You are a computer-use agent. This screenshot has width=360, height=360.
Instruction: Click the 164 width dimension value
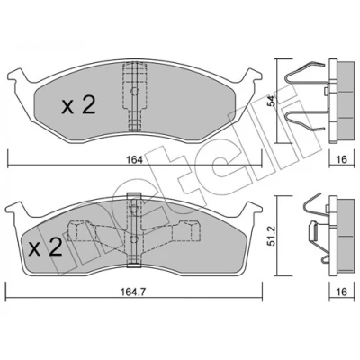coord(134,159)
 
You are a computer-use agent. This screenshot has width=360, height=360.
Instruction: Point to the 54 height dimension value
coord(271,101)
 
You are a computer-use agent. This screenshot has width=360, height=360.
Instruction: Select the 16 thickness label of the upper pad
coord(340,159)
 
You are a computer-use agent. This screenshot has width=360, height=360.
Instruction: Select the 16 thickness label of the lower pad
coord(340,292)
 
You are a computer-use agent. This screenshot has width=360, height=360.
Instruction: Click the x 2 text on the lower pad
coord(45,247)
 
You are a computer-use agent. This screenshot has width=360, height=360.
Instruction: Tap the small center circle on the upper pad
coord(135,91)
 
